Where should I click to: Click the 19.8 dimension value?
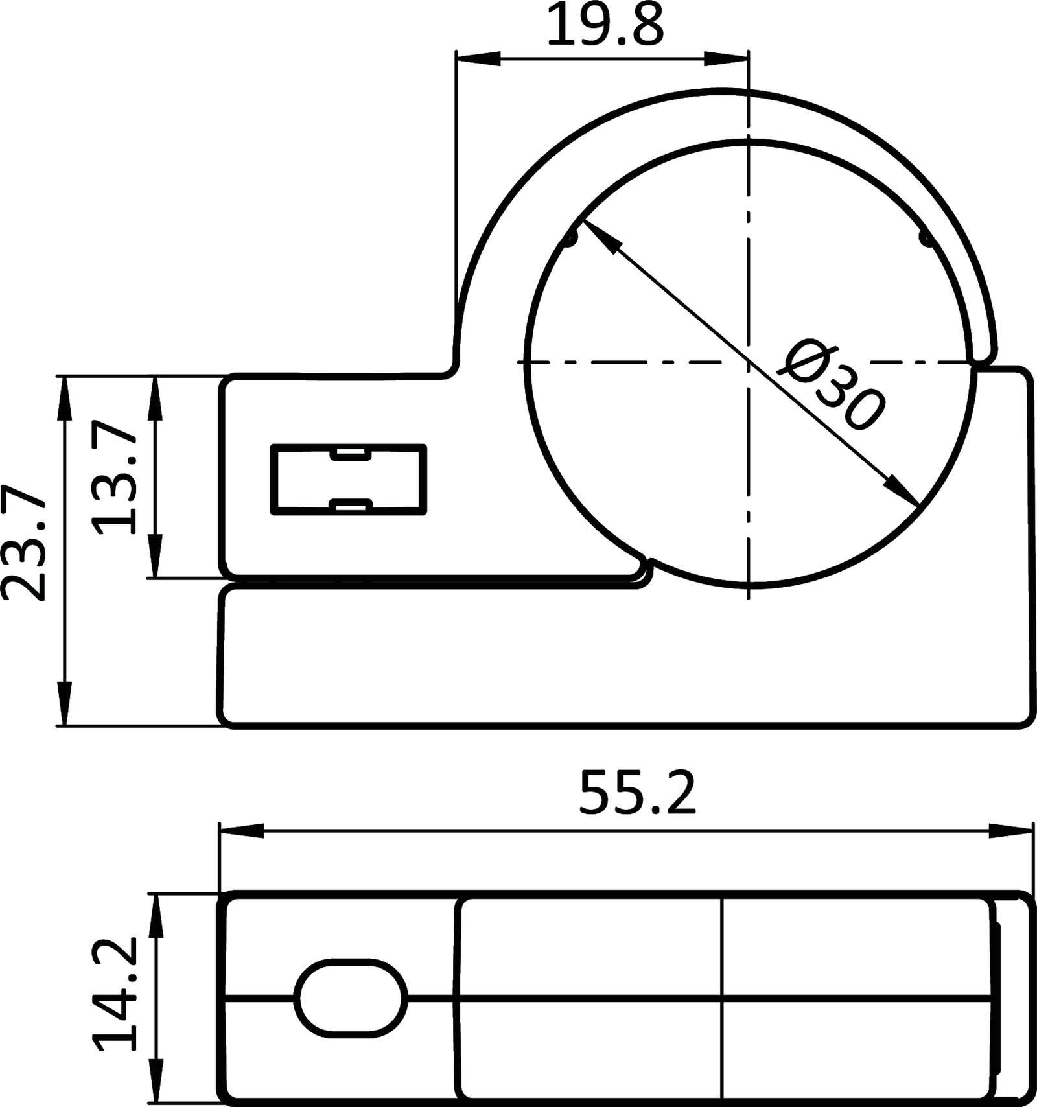pyautogui.click(x=605, y=26)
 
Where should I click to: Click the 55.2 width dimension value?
pyautogui.click(x=638, y=793)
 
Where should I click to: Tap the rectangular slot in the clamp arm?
pyautogui.click(x=348, y=480)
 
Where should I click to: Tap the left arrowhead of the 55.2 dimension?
pyautogui.click(x=242, y=832)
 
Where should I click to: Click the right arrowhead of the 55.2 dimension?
pyautogui.click(x=1010, y=832)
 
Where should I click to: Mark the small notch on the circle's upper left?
pyautogui.click(x=570, y=240)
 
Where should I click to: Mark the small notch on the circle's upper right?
pyautogui.click(x=926, y=239)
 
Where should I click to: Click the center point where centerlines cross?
pyautogui.click(x=749, y=362)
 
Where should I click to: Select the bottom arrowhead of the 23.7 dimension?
pyautogui.click(x=64, y=703)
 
